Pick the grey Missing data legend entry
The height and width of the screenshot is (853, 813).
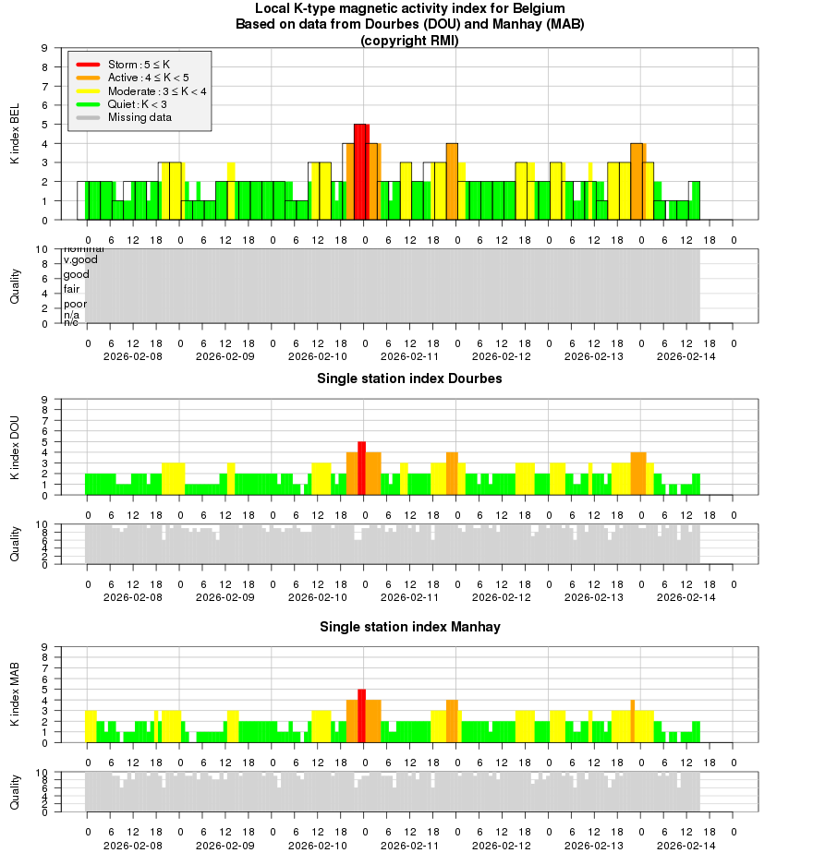140,117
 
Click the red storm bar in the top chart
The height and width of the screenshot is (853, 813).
361,172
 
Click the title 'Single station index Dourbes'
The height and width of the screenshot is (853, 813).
410,378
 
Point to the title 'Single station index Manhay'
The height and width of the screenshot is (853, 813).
410,627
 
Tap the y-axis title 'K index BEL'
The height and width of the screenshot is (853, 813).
15,135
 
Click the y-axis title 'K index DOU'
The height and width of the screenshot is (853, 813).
15,448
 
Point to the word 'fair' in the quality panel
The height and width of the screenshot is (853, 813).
71,289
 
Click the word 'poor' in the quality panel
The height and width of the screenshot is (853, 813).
75,304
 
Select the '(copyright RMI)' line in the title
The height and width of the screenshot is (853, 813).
409,41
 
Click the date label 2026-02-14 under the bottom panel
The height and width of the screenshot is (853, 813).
686,845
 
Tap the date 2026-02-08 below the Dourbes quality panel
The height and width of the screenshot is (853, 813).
133,596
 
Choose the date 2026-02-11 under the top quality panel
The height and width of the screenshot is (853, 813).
410,356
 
